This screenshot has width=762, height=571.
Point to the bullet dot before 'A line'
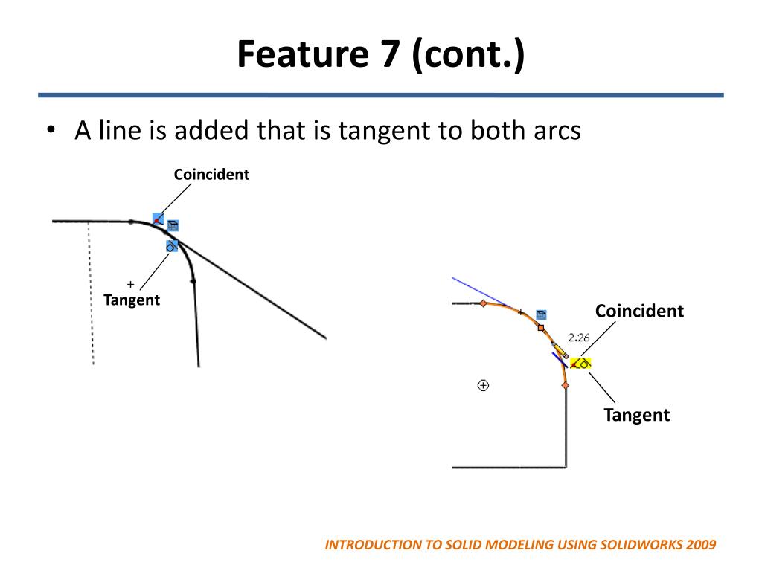[x=51, y=132]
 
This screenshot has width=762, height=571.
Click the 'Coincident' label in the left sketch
[x=211, y=175]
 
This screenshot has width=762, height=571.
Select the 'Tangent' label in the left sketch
[x=132, y=300]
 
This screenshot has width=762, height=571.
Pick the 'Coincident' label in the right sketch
[x=639, y=311]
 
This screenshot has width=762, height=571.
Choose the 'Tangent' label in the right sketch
[x=636, y=415]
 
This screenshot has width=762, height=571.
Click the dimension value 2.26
[x=578, y=337]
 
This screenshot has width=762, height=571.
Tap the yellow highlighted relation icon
[x=581, y=364]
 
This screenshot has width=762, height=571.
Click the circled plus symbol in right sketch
[x=483, y=385]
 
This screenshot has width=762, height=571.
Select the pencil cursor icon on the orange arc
[x=559, y=350]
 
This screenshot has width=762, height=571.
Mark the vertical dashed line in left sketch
[x=91, y=294]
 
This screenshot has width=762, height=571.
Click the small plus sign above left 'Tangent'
[x=130, y=284]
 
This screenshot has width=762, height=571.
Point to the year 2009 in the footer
[x=702, y=545]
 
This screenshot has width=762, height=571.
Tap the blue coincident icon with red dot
[x=158, y=219]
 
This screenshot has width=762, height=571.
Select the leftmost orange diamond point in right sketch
[x=483, y=303]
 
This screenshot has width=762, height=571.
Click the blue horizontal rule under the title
[x=381, y=95]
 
